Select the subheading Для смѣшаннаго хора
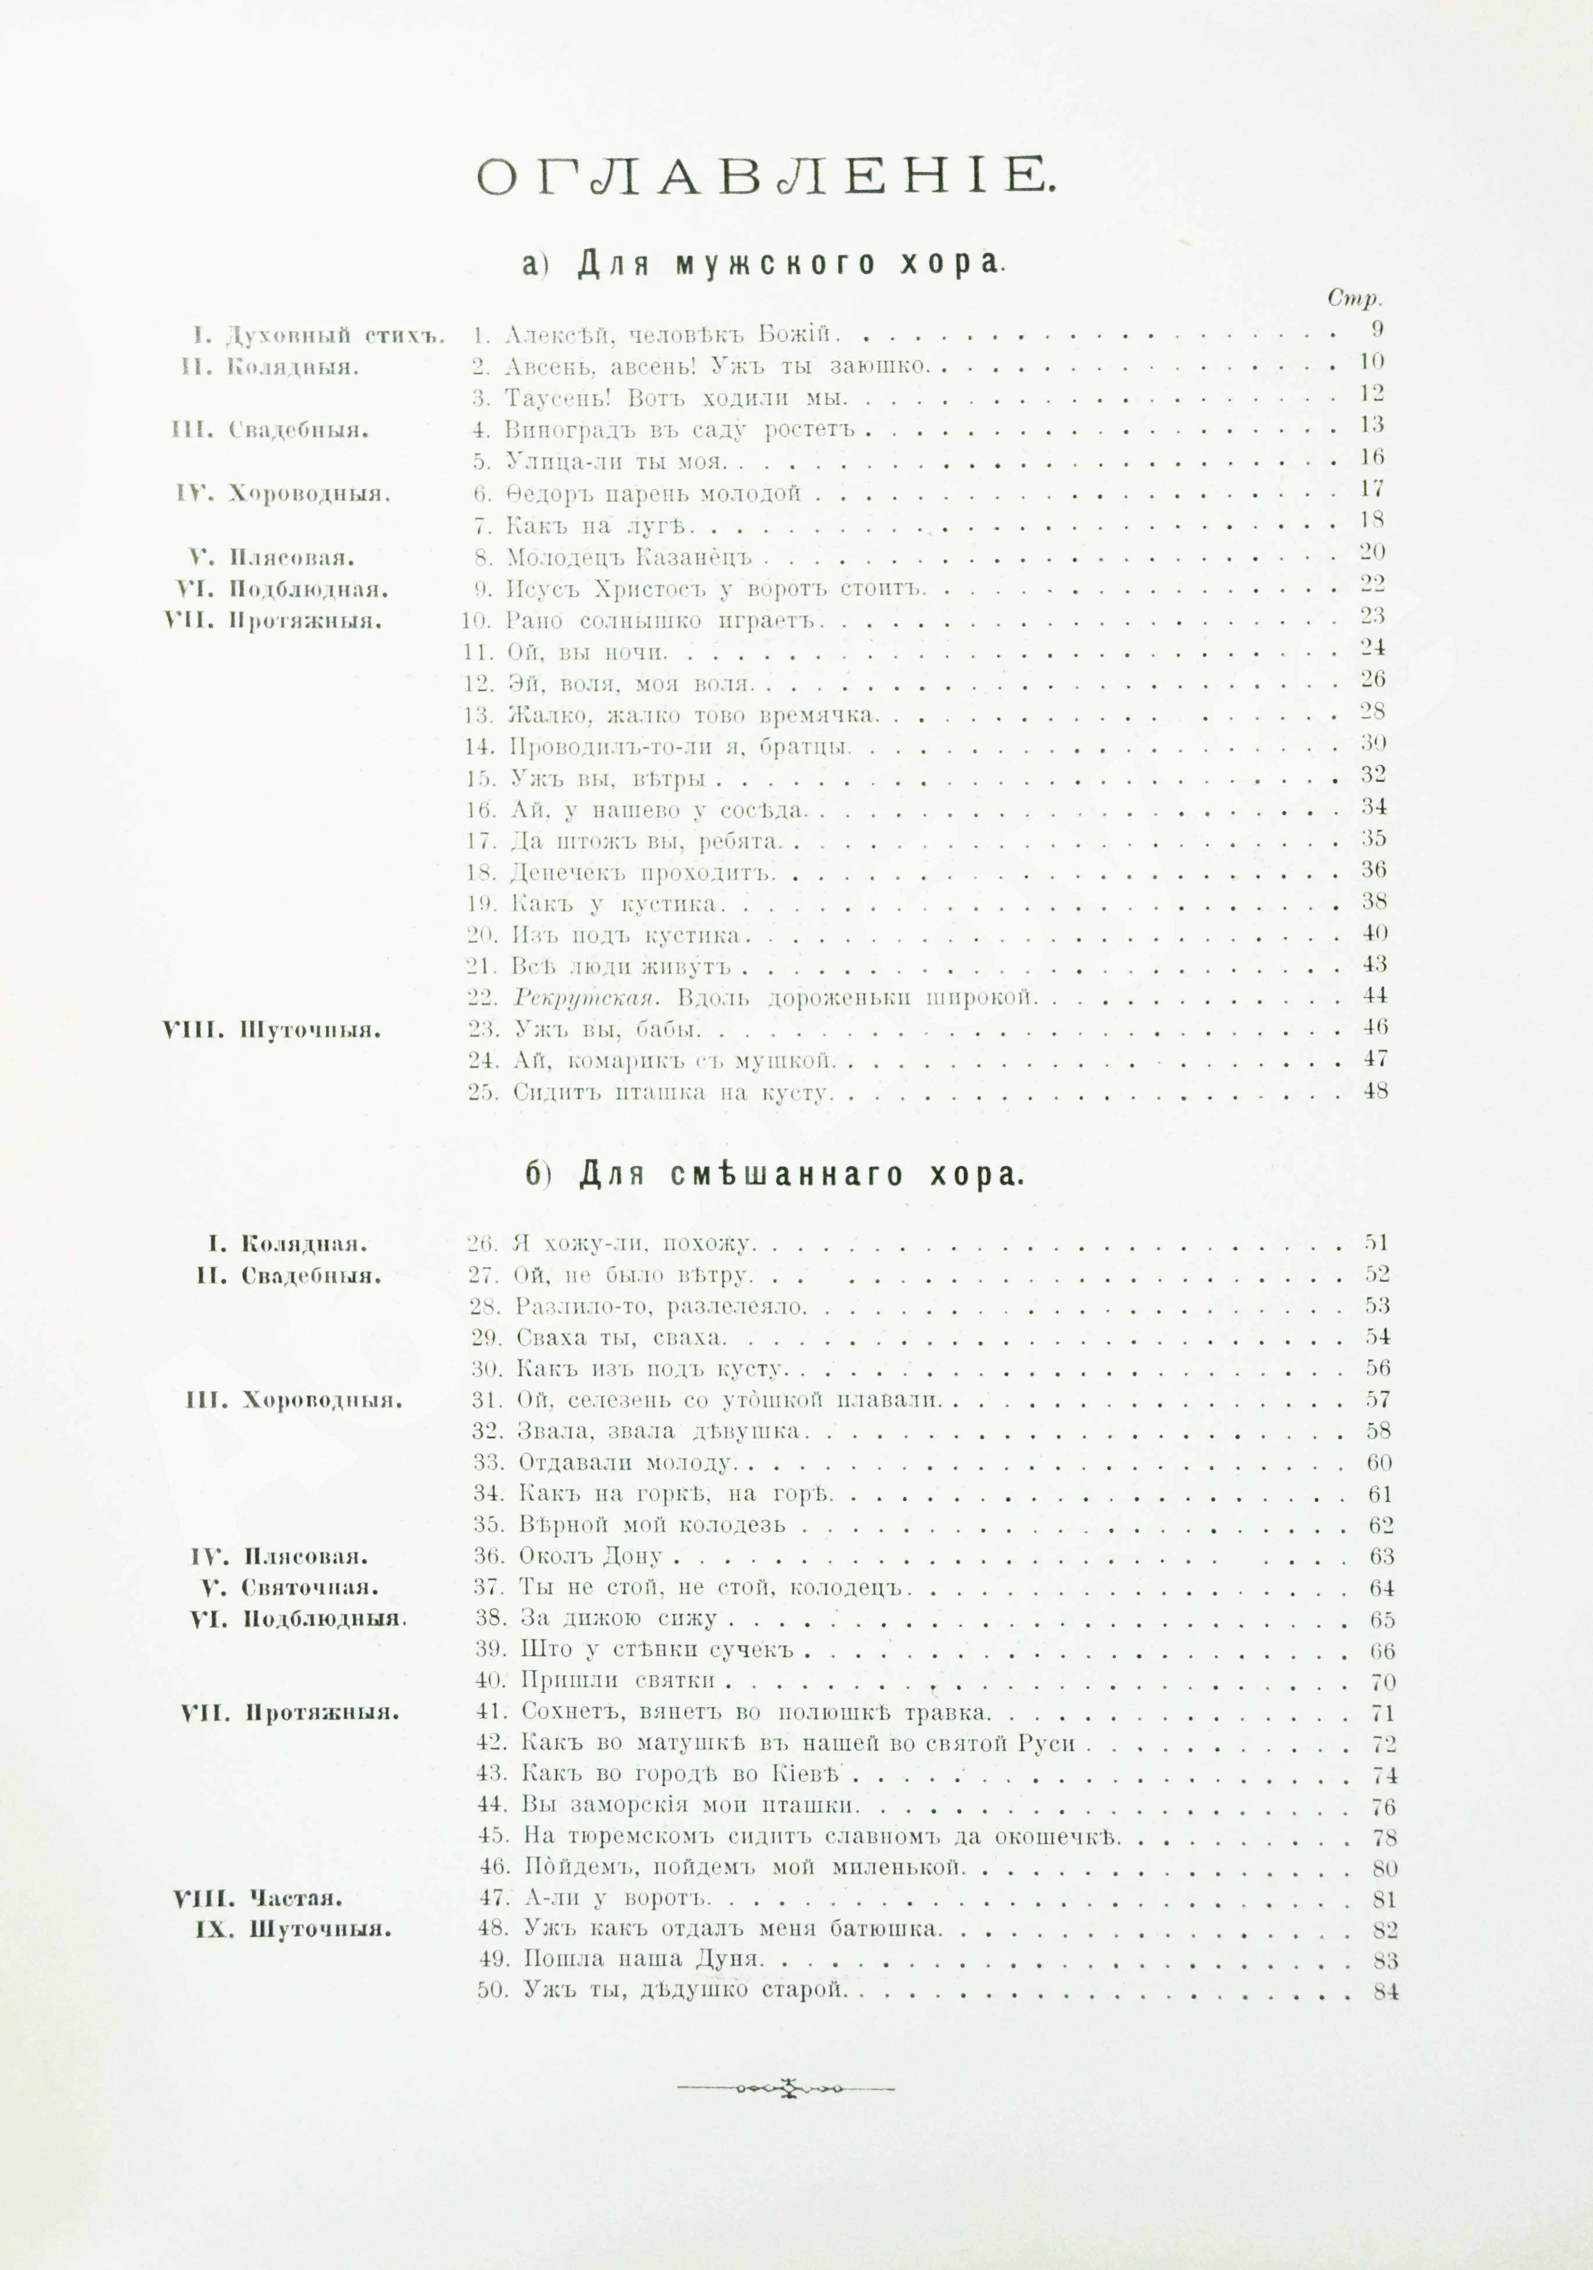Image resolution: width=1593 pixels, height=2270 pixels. [x=774, y=1175]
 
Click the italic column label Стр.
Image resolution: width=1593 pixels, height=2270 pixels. [x=1354, y=298]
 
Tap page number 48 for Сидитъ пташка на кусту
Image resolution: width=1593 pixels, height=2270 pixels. [x=1374, y=1091]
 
